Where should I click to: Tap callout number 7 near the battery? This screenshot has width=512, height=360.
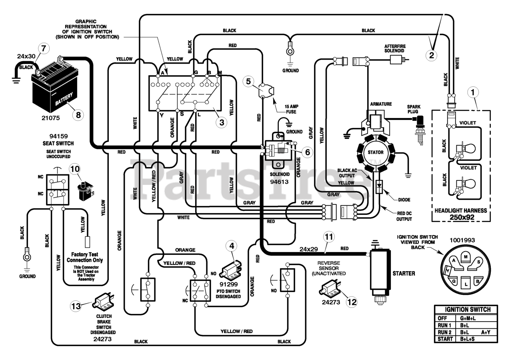click(x=44, y=48)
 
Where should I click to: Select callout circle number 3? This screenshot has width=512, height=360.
click(x=222, y=122)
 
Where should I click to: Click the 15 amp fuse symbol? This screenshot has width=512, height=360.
click(x=266, y=91)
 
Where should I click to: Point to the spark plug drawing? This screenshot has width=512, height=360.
click(x=420, y=130)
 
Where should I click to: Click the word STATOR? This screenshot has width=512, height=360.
click(x=376, y=152)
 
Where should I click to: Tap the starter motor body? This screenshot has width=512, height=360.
click(x=380, y=273)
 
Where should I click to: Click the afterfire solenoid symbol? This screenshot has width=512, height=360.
click(x=397, y=60)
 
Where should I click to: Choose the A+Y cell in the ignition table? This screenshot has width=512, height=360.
click(x=486, y=332)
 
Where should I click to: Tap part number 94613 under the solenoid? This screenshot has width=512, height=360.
click(x=279, y=182)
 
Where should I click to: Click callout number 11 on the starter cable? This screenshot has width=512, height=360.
click(x=329, y=237)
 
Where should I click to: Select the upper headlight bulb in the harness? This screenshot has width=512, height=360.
click(x=467, y=149)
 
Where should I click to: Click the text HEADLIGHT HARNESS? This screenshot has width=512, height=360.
click(x=460, y=210)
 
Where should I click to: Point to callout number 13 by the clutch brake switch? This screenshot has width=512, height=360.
click(x=76, y=306)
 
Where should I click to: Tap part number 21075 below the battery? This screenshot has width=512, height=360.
click(x=50, y=118)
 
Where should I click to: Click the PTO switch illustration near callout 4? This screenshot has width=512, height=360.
click(x=230, y=269)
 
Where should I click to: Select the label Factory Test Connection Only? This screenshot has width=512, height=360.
click(x=84, y=257)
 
